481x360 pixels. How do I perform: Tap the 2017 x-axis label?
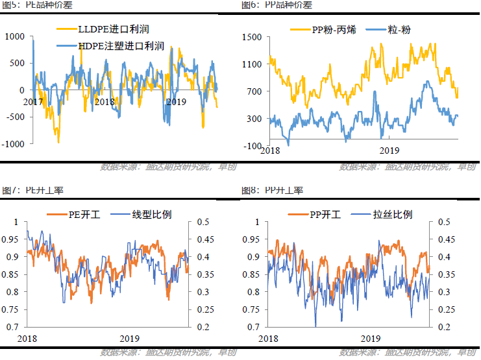[x=32, y=102]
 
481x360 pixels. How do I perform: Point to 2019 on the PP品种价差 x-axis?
[x=388, y=150]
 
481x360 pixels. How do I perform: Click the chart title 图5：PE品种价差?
[x=32, y=5]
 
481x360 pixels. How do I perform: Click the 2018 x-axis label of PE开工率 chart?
[x=27, y=339]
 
